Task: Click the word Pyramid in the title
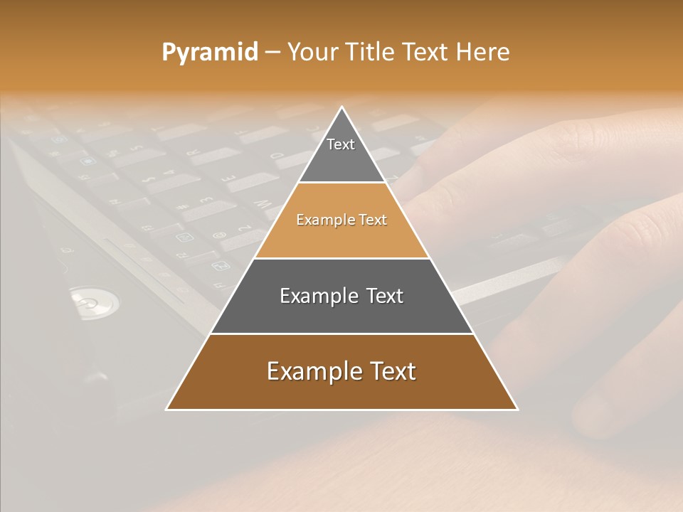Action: [210, 53]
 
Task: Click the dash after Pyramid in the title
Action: [272, 53]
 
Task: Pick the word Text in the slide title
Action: [426, 52]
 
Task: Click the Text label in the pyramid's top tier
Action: [341, 144]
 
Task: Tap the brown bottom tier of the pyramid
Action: [341, 391]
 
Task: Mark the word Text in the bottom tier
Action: [391, 371]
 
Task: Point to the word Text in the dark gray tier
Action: [383, 296]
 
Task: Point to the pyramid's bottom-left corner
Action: [167, 409]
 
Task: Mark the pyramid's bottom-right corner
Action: [517, 409]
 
